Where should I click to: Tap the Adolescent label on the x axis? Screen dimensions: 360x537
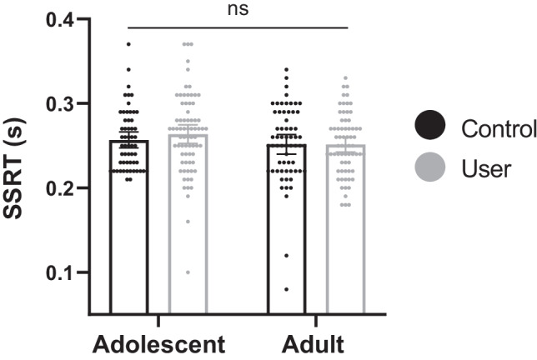tap(158, 343)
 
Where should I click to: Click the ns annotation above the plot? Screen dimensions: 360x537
tap(238, 9)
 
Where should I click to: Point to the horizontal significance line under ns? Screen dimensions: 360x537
tap(238, 27)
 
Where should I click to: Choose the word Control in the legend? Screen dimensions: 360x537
tap(498, 129)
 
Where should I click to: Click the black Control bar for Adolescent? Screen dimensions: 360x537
tap(129, 250)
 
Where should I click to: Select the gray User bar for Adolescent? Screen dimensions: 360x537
tap(188, 250)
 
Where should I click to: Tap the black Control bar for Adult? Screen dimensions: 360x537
tap(286, 250)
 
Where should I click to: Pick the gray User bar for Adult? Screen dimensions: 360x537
tap(344, 250)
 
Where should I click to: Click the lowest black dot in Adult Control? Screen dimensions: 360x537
tap(286, 289)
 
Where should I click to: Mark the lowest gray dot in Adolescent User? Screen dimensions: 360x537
tap(188, 272)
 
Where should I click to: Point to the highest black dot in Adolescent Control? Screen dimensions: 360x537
tap(129, 44)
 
